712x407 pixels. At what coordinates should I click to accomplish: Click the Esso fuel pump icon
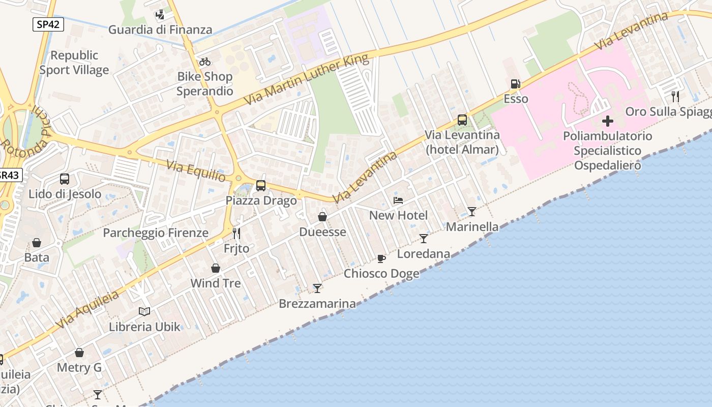pos(515,84)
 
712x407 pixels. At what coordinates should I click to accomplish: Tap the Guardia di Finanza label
pos(160,30)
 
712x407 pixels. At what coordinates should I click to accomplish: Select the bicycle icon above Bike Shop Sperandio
pos(205,62)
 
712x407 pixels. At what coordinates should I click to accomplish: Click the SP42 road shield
pos(48,24)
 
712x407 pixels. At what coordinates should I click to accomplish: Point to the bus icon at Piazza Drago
pos(261,186)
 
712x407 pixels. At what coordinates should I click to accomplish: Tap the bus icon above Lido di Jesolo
pos(65,179)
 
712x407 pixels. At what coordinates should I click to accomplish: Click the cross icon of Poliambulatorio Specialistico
pos(607,122)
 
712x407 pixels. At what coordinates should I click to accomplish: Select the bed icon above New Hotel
pos(398,200)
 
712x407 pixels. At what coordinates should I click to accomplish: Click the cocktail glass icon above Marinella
pos(472,212)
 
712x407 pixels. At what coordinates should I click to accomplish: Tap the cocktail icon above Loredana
pos(424,239)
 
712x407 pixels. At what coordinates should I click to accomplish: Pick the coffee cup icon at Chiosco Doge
pos(381,258)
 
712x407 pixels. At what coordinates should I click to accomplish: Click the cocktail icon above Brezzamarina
pos(317,288)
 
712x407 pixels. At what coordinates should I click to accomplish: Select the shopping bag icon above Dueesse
pos(322,217)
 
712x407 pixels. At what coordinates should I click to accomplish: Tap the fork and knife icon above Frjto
pos(236,234)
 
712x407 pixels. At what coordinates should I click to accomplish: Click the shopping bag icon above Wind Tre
pos(216,268)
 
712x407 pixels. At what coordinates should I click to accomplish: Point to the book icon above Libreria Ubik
pos(144,311)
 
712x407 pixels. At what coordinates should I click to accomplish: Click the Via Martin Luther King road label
pos(306,80)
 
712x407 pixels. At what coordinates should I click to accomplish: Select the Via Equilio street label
pos(196,170)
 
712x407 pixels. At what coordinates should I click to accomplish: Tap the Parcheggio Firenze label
pos(156,233)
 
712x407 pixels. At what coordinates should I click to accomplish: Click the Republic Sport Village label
pos(74,63)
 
